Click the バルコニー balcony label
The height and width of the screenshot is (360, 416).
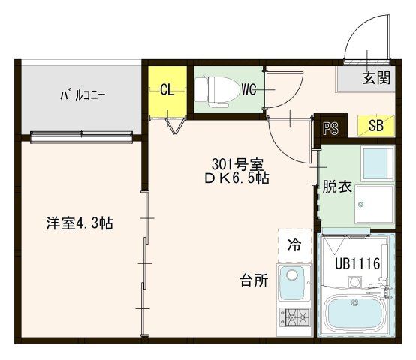(82, 95)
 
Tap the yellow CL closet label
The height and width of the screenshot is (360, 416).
(167, 90)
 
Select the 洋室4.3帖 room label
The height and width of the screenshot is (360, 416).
(79, 223)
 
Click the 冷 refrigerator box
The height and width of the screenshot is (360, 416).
(294, 244)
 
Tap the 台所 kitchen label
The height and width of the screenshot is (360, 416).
(254, 281)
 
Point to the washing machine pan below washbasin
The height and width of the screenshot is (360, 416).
(372, 205)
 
